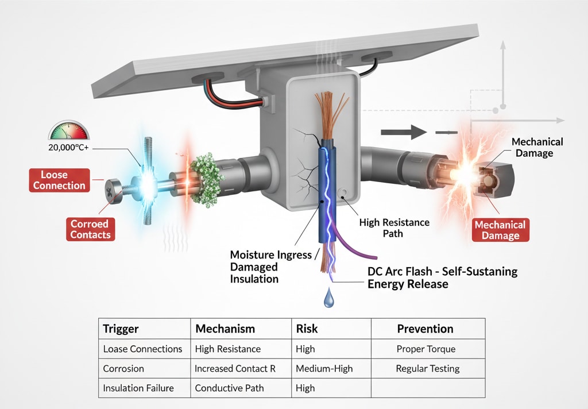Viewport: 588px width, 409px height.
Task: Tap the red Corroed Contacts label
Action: click(x=90, y=229)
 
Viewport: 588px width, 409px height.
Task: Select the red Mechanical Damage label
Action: click(x=500, y=230)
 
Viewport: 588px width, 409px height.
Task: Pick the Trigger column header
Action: click(x=121, y=329)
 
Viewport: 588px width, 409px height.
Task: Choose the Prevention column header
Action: click(x=425, y=329)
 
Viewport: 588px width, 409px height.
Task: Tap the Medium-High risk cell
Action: click(x=324, y=368)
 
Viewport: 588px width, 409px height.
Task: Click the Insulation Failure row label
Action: click(x=138, y=388)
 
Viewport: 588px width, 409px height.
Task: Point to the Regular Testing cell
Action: click(x=428, y=368)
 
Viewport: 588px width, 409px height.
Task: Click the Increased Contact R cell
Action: click(x=235, y=368)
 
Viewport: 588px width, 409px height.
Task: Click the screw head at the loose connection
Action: click(x=111, y=189)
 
